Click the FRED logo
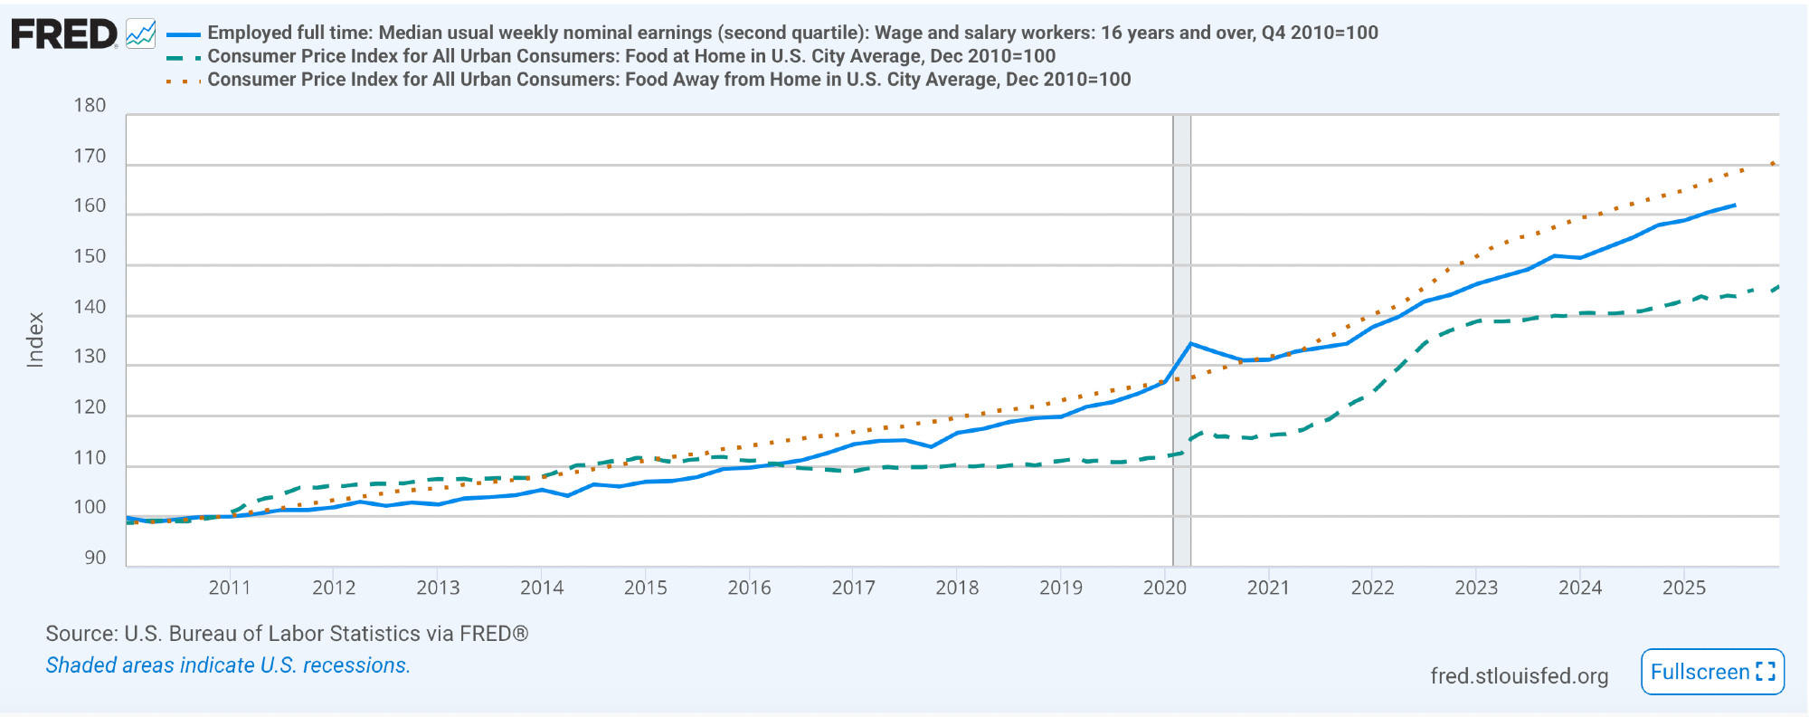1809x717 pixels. [64, 35]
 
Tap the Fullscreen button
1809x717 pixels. [1712, 672]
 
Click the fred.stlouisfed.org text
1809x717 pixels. [1519, 676]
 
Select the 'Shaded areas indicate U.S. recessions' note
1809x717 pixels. [228, 665]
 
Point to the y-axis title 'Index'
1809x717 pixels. [35, 339]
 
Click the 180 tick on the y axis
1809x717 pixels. [90, 106]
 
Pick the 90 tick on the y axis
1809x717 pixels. [95, 558]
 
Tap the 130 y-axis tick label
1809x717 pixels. [90, 357]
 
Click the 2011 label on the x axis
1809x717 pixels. [230, 588]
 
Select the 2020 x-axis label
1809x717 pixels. [1165, 588]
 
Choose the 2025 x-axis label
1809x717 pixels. [1684, 588]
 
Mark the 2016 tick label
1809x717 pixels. [750, 588]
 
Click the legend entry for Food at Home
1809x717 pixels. [631, 56]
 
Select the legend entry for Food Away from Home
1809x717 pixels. [669, 80]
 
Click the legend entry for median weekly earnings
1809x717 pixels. [792, 33]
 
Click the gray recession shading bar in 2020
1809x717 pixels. [1181, 272]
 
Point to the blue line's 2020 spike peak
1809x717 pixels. [1190, 344]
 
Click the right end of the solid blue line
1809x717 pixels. [1734, 206]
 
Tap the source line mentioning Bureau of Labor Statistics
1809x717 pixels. [287, 634]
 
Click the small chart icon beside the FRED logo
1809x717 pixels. [141, 34]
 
